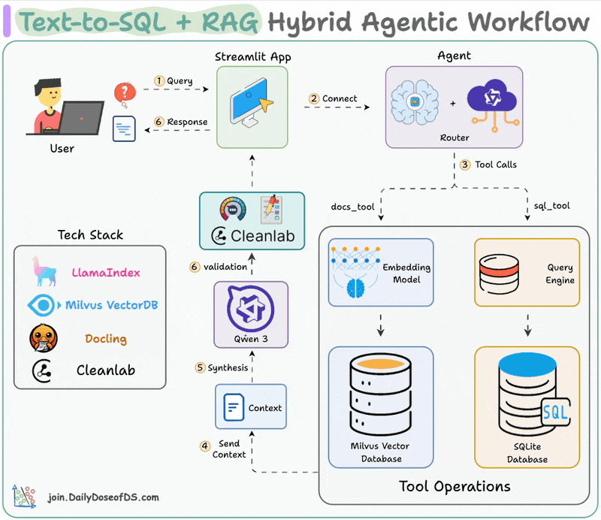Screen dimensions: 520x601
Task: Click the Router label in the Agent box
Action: pos(455,138)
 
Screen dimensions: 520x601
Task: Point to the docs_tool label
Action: pos(352,206)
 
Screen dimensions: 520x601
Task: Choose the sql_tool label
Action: pos(551,206)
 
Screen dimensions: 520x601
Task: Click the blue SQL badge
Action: pos(555,412)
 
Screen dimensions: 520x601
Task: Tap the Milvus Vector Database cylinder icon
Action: pos(380,396)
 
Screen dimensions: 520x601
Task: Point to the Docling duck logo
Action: pos(44,339)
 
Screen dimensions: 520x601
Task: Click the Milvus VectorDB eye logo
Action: pos(44,305)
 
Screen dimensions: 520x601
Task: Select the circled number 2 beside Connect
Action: pos(314,98)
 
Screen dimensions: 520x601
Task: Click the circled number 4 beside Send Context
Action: pos(205,446)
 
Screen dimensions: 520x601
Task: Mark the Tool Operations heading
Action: pos(455,485)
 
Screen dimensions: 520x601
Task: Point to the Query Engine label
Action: pos(560,274)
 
